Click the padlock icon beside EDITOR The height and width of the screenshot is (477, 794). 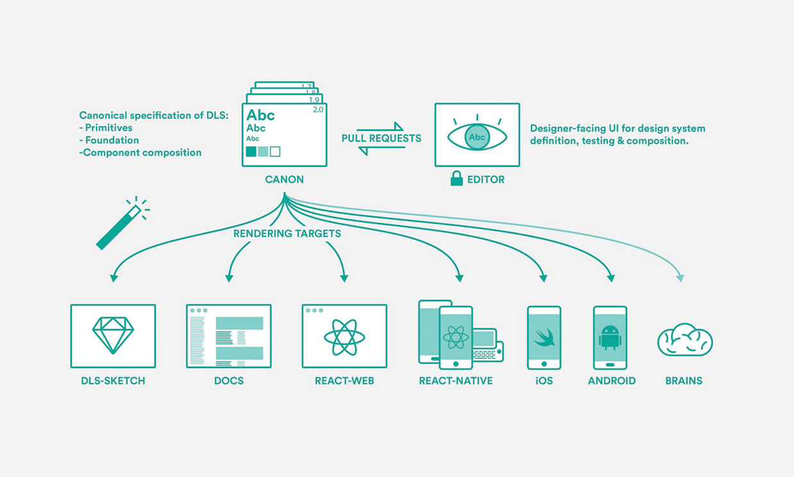click(x=457, y=179)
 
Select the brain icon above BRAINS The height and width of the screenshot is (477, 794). click(x=685, y=340)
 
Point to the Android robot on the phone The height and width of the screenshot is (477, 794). click(x=610, y=337)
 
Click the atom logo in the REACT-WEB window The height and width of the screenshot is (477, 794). click(x=344, y=337)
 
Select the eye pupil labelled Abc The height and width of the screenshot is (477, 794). click(x=477, y=137)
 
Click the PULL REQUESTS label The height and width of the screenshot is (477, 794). click(x=382, y=138)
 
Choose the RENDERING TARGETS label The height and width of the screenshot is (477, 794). click(x=287, y=233)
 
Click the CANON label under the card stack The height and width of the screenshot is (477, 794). click(x=284, y=180)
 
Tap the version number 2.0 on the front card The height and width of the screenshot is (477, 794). click(x=318, y=110)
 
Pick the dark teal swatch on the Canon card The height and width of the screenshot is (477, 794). click(x=251, y=152)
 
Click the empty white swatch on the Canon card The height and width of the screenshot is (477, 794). click(x=275, y=152)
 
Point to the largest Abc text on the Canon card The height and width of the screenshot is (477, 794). click(x=260, y=115)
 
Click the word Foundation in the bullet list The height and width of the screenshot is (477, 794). click(x=112, y=140)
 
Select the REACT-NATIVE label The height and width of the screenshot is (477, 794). click(x=456, y=381)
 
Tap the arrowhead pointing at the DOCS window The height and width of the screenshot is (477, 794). click(x=229, y=278)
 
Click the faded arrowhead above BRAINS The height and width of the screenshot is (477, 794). click(x=680, y=278)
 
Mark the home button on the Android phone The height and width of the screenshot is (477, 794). click(x=610, y=365)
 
